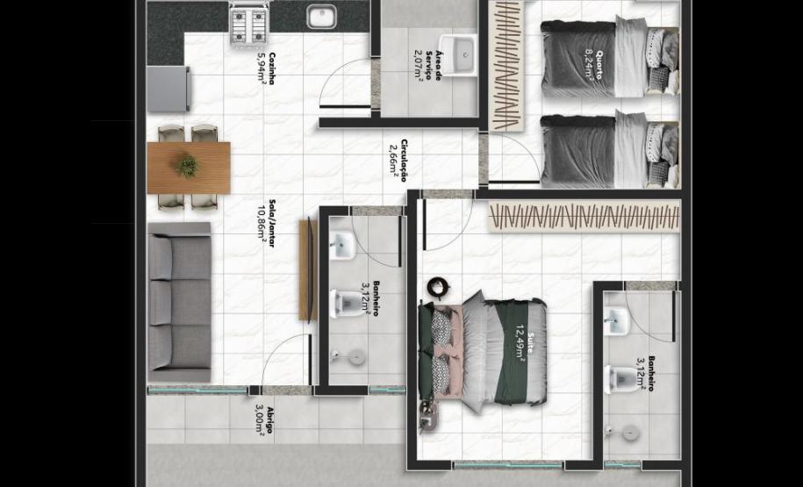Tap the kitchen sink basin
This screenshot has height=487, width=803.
[321, 17]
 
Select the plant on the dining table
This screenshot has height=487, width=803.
[186, 165]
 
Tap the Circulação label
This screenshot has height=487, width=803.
[399, 159]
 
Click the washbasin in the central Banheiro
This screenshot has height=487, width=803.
[342, 245]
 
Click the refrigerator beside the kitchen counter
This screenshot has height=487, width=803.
[168, 89]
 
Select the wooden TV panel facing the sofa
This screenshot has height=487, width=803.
[305, 269]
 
